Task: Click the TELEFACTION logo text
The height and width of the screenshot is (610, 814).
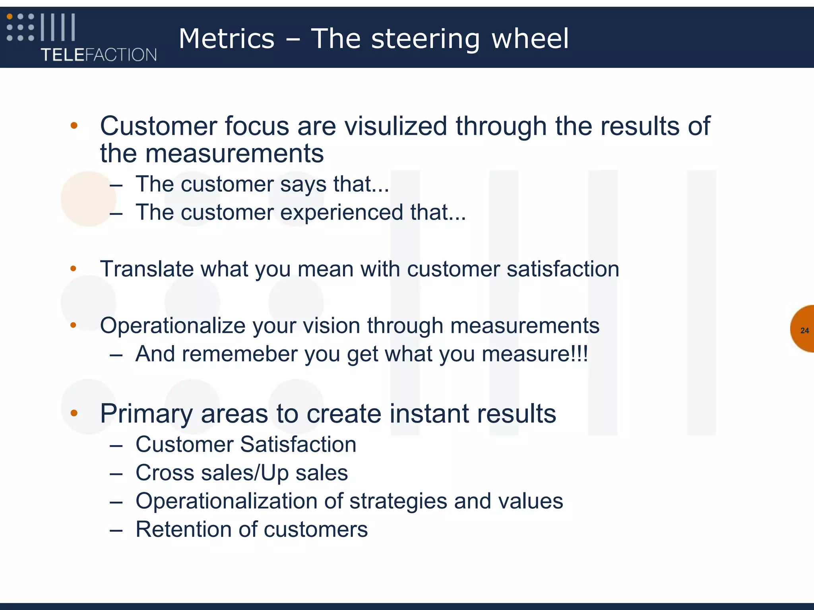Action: (99, 54)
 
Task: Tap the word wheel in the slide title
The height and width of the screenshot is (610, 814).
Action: (530, 39)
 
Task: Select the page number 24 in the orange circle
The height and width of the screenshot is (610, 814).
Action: (804, 330)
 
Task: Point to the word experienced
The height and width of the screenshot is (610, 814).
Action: (342, 212)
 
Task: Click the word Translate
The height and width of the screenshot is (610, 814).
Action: (147, 269)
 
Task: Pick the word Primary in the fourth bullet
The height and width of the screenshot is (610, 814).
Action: (146, 414)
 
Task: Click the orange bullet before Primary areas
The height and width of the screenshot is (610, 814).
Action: (74, 413)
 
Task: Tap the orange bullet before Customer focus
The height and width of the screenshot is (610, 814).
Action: (74, 126)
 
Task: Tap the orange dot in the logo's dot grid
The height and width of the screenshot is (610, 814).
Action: (10, 17)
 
